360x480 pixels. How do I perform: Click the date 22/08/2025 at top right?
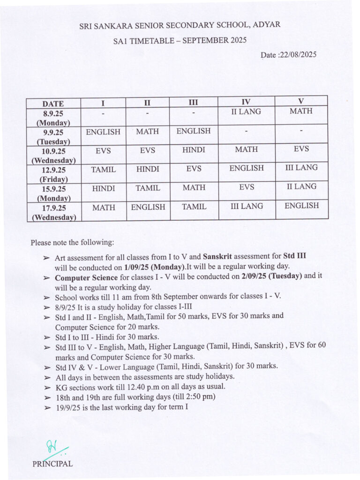point(298,55)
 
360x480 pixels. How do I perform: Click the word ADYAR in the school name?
point(267,24)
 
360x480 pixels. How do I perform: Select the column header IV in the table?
point(246,102)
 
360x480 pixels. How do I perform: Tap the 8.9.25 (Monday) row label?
point(53,117)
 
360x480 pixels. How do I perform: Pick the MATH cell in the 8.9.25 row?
point(301,112)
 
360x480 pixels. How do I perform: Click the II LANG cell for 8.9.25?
point(246,112)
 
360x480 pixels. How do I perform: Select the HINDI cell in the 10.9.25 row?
point(194,150)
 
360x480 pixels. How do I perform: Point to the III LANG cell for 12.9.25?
point(301,167)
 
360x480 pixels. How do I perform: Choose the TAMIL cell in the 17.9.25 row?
point(194,206)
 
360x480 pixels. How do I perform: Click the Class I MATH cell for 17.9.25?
point(104,207)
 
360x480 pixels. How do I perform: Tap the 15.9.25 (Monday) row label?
point(53,193)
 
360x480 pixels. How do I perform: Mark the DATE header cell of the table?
point(53,104)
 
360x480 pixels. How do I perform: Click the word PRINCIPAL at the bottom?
point(52,464)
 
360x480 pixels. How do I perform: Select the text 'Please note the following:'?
point(72,243)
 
